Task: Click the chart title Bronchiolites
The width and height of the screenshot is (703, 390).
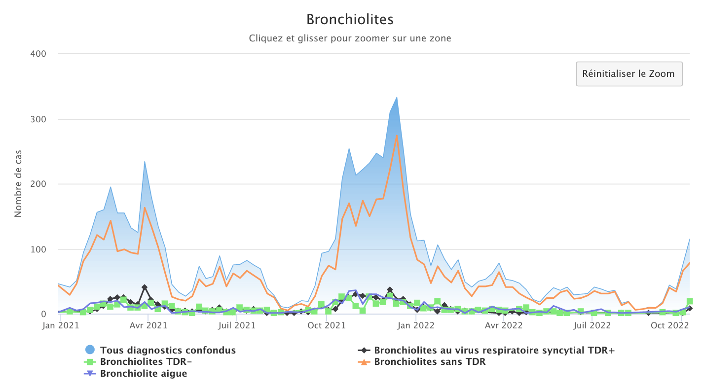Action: (x=350, y=19)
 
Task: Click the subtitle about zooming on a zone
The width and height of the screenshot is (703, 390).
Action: (x=350, y=38)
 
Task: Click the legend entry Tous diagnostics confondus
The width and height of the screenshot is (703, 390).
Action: (x=168, y=351)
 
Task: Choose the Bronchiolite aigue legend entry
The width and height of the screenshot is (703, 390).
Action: (x=143, y=373)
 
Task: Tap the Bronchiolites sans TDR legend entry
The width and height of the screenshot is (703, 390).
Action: (x=430, y=362)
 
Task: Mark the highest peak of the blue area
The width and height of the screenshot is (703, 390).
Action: (x=397, y=97)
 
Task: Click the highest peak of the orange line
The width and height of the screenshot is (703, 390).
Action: (x=397, y=136)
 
